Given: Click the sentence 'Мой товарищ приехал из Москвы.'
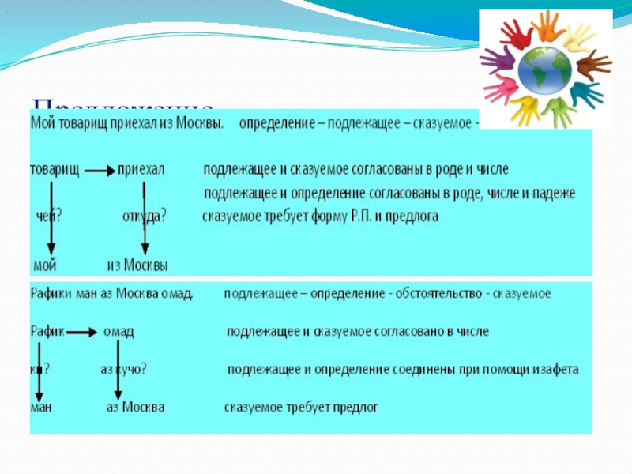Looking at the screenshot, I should pyautogui.click(x=127, y=125).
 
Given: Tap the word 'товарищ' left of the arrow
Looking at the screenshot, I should pyautogui.click(x=55, y=170).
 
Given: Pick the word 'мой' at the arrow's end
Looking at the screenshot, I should pyautogui.click(x=45, y=265).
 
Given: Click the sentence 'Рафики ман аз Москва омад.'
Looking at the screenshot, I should pyautogui.click(x=111, y=294).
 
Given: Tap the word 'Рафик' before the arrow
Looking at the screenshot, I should pyautogui.click(x=49, y=331).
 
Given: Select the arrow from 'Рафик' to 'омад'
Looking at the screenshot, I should pyautogui.click(x=82, y=332).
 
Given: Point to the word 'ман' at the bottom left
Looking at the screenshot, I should pyautogui.click(x=41, y=408).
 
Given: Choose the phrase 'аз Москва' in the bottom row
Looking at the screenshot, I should pyautogui.click(x=136, y=408).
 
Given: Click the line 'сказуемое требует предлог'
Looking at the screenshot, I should pyautogui.click(x=301, y=408).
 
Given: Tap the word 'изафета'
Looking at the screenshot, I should pyautogui.click(x=552, y=370).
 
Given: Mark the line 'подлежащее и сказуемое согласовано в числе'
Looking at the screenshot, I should pyautogui.click(x=357, y=332).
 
